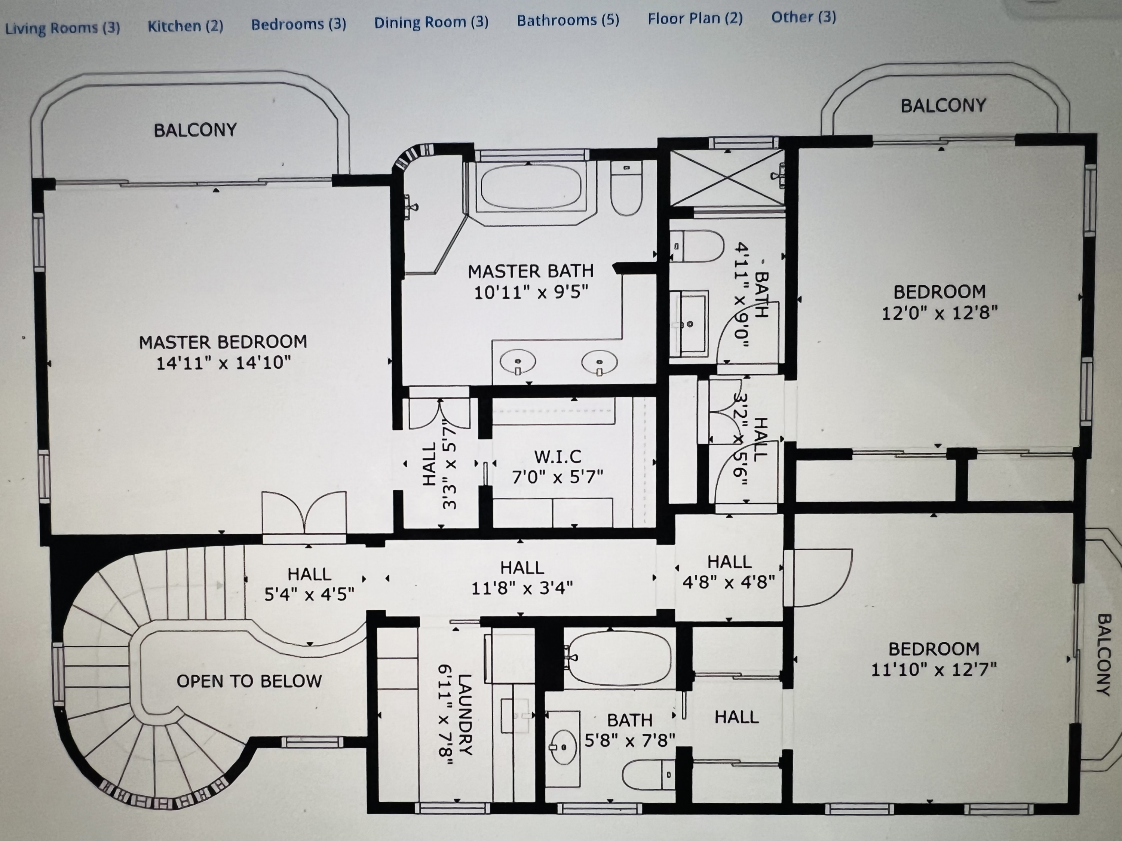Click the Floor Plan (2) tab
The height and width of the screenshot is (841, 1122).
695,19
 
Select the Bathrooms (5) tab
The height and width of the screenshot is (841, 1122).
568,20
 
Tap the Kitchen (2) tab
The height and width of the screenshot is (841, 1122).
185,26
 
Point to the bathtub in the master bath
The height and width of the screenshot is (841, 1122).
530,188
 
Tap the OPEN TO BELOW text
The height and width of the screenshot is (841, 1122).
249,681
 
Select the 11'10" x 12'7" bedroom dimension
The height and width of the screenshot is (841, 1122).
933,670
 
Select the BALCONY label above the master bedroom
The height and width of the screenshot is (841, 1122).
195,131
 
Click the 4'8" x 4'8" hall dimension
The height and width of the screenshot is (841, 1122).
729,582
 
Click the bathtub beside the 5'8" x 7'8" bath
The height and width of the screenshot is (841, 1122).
619,656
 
